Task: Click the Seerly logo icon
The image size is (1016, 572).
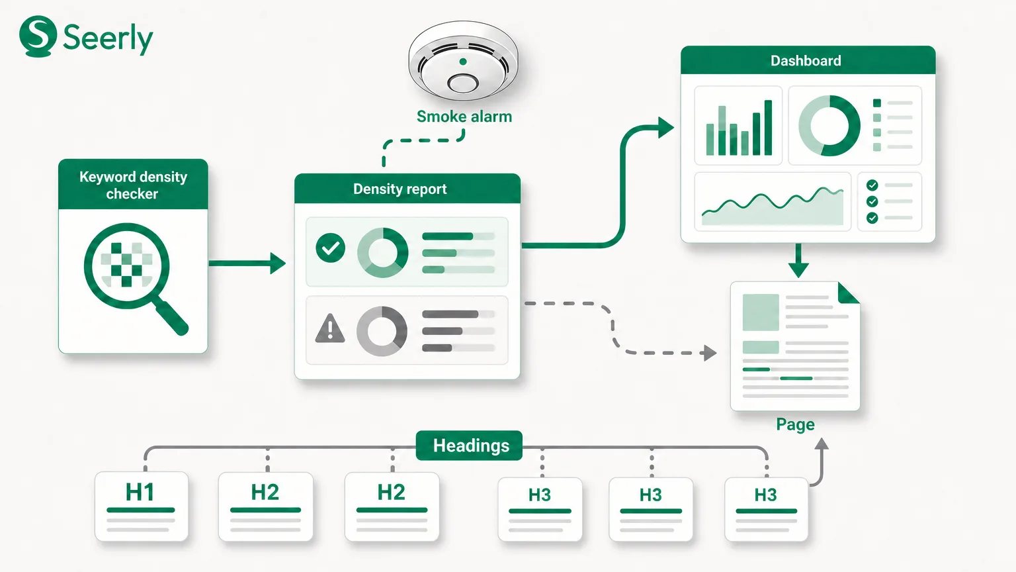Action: click(38, 36)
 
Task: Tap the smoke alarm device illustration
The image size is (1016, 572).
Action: click(463, 61)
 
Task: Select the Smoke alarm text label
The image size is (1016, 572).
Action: click(464, 117)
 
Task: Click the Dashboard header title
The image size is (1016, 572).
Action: click(806, 60)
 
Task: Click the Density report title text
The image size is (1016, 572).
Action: click(400, 189)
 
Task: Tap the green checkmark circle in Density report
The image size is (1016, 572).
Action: click(330, 248)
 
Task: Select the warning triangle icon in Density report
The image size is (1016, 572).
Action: click(330, 328)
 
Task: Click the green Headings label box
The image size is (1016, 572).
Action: click(469, 446)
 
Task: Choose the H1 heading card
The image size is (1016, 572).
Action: click(142, 506)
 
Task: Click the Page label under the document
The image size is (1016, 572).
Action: click(795, 424)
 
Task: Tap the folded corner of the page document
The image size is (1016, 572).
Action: click(847, 293)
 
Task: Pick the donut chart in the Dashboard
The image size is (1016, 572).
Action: click(829, 126)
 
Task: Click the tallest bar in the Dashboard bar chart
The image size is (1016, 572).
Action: click(768, 128)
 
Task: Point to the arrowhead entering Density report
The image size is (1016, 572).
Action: click(278, 263)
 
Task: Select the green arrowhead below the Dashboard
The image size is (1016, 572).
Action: click(798, 269)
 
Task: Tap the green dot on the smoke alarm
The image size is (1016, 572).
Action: click(462, 62)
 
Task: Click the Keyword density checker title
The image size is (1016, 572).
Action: click(133, 185)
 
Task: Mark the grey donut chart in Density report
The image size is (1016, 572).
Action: click(382, 332)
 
